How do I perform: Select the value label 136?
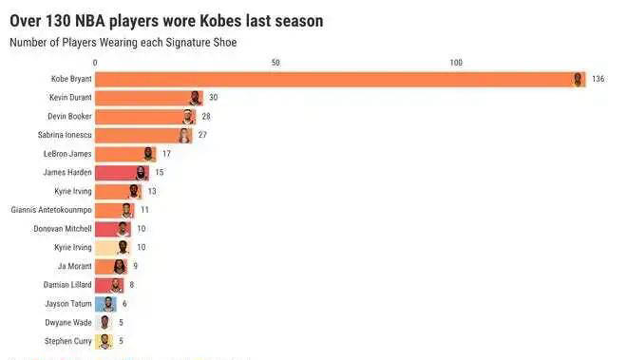[598, 79]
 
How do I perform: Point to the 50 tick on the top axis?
[275, 63]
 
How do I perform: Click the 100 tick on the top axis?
[456, 63]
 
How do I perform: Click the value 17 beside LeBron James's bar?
[166, 154]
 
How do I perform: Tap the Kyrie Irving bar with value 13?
[118, 191]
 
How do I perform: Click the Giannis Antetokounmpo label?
[51, 210]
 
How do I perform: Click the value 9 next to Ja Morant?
[135, 266]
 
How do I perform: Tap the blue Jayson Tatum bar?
[104, 304]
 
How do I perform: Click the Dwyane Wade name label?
[69, 322]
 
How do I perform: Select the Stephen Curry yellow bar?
[104, 341]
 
